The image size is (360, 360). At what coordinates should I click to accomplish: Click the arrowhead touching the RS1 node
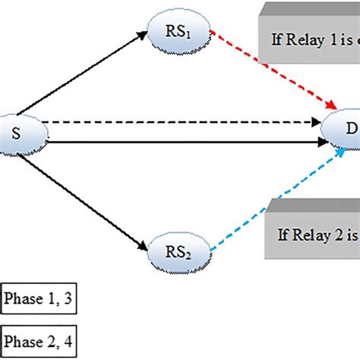[149, 34]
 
